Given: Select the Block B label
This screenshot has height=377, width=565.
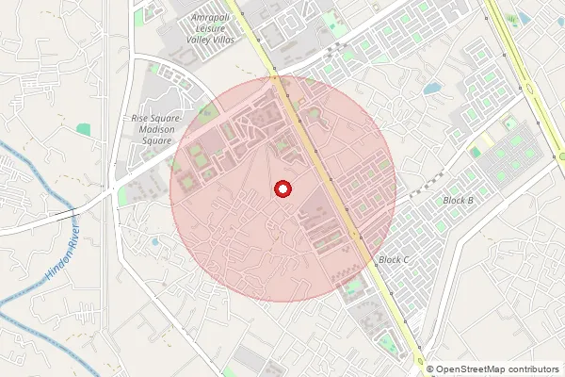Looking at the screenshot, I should coord(458,201).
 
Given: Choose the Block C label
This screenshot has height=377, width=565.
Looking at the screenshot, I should coord(394,259).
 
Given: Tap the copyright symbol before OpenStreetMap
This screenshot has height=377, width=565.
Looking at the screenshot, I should coord(430,369).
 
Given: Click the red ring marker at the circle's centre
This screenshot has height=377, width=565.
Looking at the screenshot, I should coord(282,189).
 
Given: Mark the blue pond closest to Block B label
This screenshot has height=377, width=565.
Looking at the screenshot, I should coord(433,89).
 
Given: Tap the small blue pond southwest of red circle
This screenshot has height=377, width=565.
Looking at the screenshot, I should coord(154,242).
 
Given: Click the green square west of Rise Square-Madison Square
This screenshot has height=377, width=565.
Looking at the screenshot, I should coord(84,129).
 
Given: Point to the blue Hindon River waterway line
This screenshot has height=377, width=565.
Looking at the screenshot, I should coord(28,170).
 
